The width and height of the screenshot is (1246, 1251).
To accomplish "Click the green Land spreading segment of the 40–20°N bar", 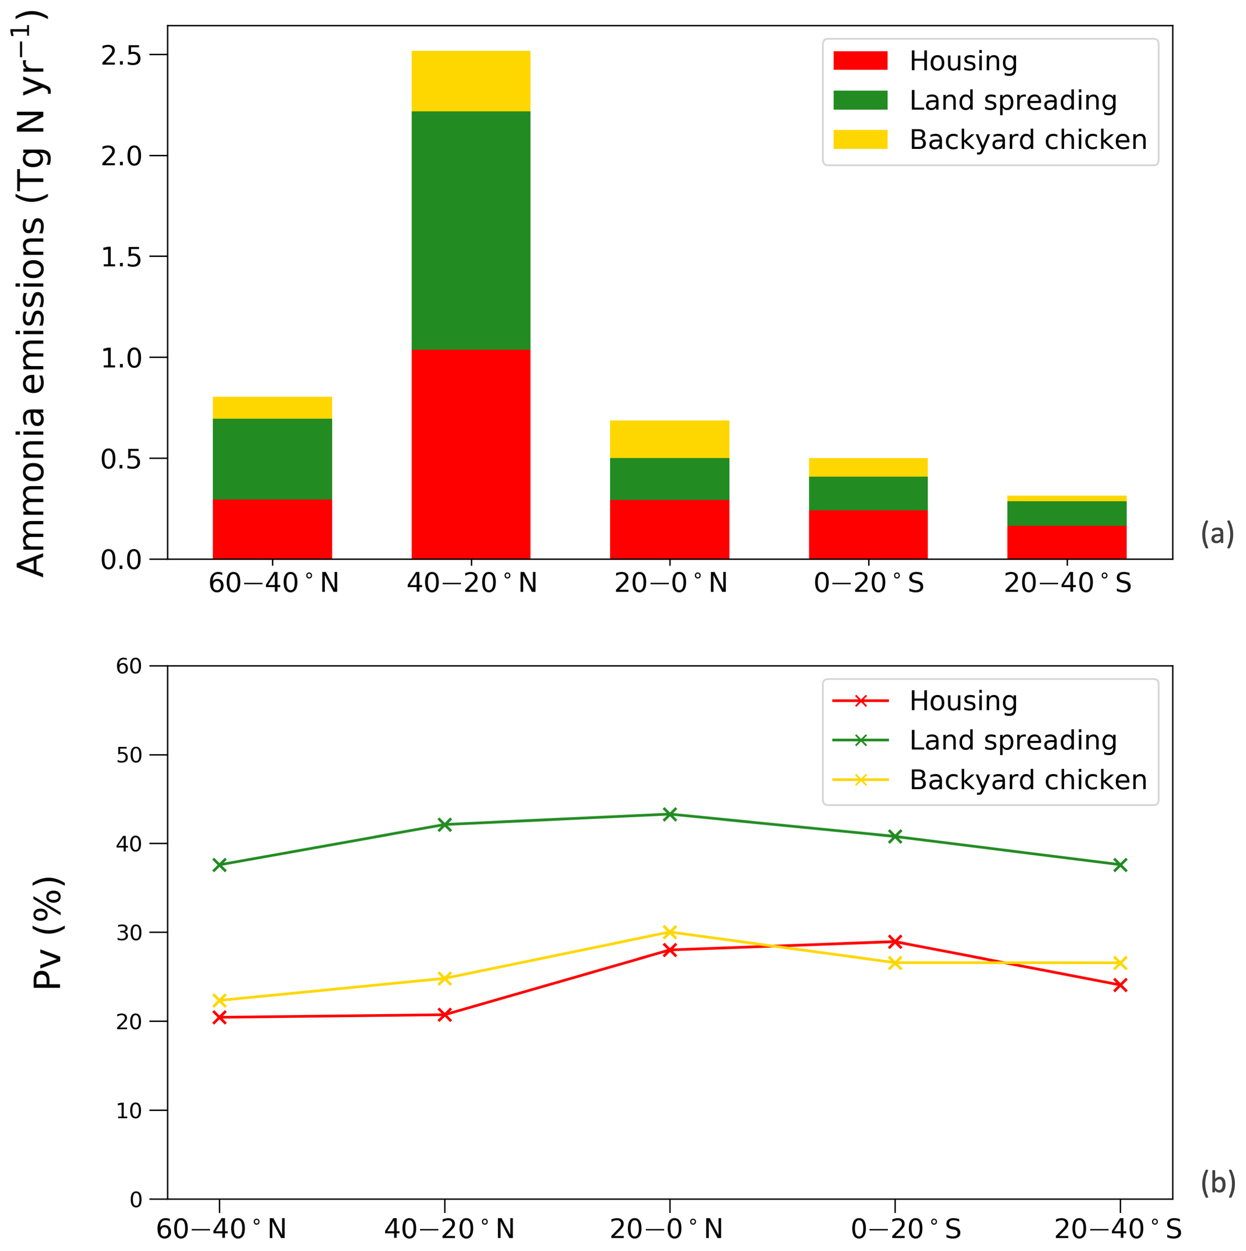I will [471, 230].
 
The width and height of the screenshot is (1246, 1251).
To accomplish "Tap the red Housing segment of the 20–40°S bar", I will [1067, 542].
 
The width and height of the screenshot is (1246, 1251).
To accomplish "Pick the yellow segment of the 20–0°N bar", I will [670, 439].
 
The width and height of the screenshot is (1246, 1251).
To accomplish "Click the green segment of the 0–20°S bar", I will [868, 493].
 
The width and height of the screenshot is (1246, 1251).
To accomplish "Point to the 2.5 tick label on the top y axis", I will [121, 55].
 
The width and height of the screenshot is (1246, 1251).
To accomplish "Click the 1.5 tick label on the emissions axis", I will [121, 257].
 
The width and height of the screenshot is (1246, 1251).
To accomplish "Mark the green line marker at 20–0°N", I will [670, 814].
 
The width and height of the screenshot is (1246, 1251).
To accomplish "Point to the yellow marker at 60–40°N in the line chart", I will [219, 1000].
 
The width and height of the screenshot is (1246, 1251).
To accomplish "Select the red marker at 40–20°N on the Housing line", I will [444, 1015].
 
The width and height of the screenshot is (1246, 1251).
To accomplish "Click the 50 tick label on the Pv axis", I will [129, 755].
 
